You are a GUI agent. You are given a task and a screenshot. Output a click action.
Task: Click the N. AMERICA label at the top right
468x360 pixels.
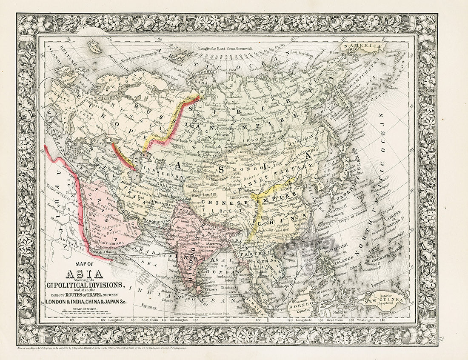pyautogui.click(x=362, y=45)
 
